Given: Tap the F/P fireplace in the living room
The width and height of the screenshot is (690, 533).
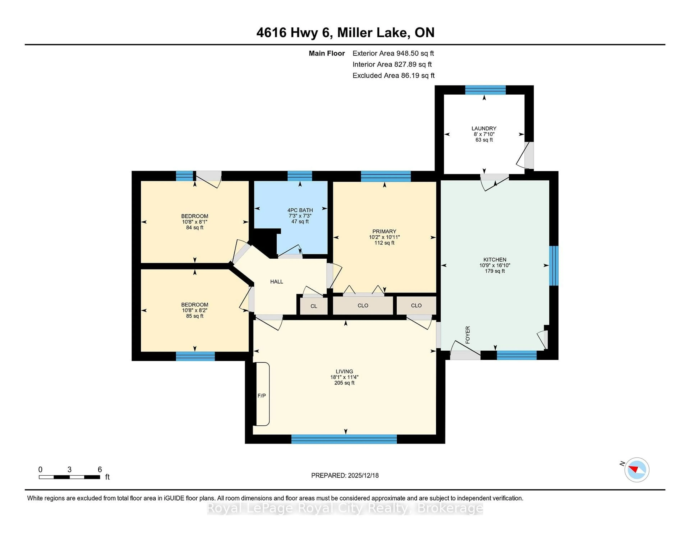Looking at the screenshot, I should [x=262, y=395].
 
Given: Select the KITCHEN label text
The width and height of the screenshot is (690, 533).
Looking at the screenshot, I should [x=494, y=259].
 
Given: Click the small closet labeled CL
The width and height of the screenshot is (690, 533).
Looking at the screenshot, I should [x=313, y=306].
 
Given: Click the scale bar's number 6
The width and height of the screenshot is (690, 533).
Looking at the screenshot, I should [x=100, y=470].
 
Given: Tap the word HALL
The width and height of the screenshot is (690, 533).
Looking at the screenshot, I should [x=276, y=282].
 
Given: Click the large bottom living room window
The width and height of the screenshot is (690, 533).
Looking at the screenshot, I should [x=344, y=439].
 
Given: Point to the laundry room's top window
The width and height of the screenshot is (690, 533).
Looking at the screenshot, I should [x=485, y=90].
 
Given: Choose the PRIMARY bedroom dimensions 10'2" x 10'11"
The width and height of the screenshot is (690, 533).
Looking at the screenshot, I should [x=384, y=237].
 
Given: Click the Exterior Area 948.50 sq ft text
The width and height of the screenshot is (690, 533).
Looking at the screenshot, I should [x=393, y=53].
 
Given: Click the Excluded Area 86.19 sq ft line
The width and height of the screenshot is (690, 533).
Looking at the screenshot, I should [x=393, y=75].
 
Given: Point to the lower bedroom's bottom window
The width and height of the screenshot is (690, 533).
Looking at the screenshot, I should [x=195, y=356].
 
